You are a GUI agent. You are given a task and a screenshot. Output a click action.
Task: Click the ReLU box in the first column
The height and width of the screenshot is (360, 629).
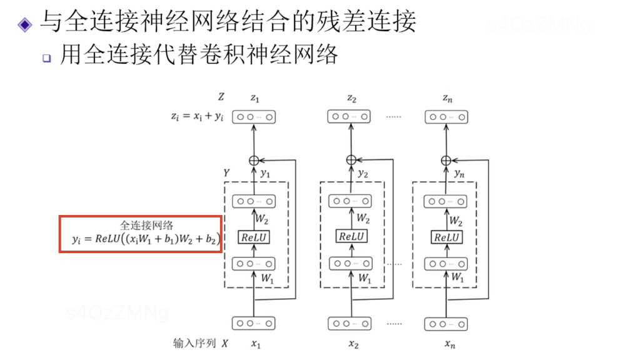(254, 237)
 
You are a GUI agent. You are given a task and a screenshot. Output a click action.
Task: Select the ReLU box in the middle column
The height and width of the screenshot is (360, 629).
(351, 237)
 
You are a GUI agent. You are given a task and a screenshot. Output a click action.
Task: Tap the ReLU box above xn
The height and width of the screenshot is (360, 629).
(446, 237)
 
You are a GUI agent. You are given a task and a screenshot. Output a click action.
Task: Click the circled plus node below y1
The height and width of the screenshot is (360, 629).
(254, 161)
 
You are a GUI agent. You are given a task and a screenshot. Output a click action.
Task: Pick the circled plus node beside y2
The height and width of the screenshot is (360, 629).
(351, 161)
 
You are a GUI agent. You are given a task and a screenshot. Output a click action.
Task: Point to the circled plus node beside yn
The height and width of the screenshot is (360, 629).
(446, 161)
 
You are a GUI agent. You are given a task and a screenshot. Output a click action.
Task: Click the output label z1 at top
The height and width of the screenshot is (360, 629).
(254, 98)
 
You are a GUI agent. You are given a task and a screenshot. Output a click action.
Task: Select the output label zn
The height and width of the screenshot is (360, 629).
(446, 98)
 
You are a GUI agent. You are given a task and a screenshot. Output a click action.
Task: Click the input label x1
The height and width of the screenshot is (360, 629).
(255, 344)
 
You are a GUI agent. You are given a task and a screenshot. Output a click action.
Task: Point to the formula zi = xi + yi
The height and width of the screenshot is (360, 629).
(197, 116)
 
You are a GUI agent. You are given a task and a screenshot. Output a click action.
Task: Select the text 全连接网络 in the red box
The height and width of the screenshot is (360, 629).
(141, 225)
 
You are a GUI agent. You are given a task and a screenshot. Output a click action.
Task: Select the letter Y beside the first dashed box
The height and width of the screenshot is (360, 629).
(226, 172)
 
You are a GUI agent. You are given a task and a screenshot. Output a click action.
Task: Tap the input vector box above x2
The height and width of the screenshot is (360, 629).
(351, 323)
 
